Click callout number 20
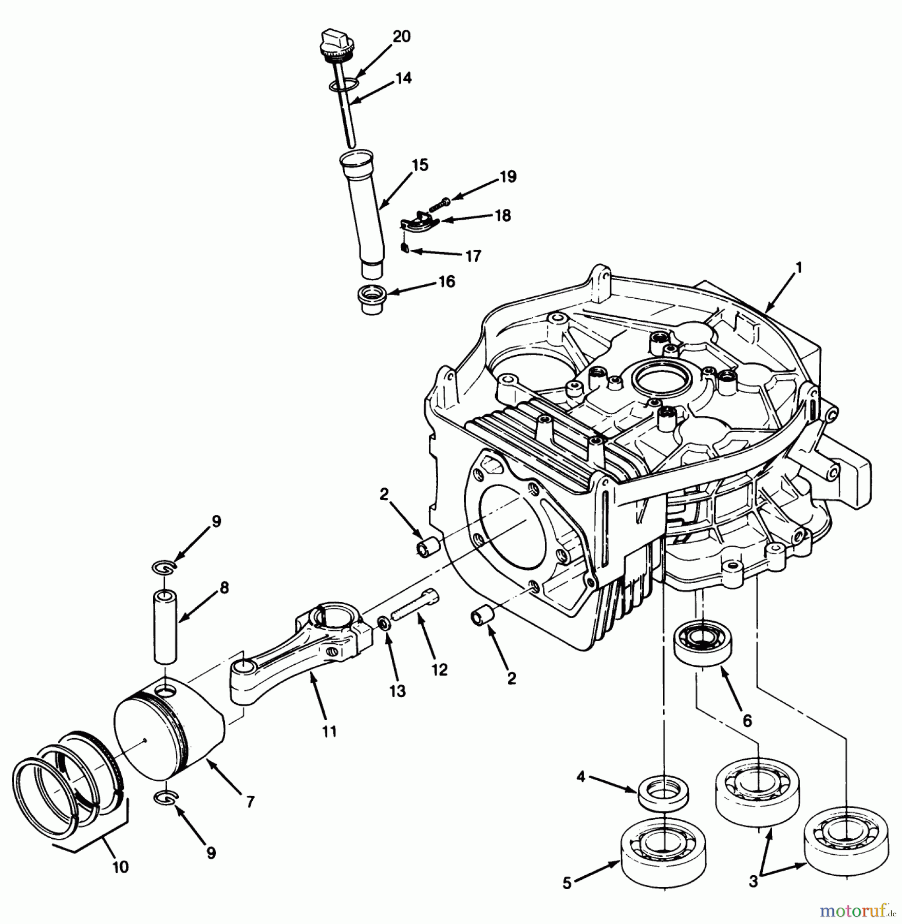click(402, 37)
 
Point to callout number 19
click(508, 177)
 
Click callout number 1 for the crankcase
click(798, 268)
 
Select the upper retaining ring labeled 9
click(165, 567)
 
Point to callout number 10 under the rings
click(120, 868)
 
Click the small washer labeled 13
click(383, 624)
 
